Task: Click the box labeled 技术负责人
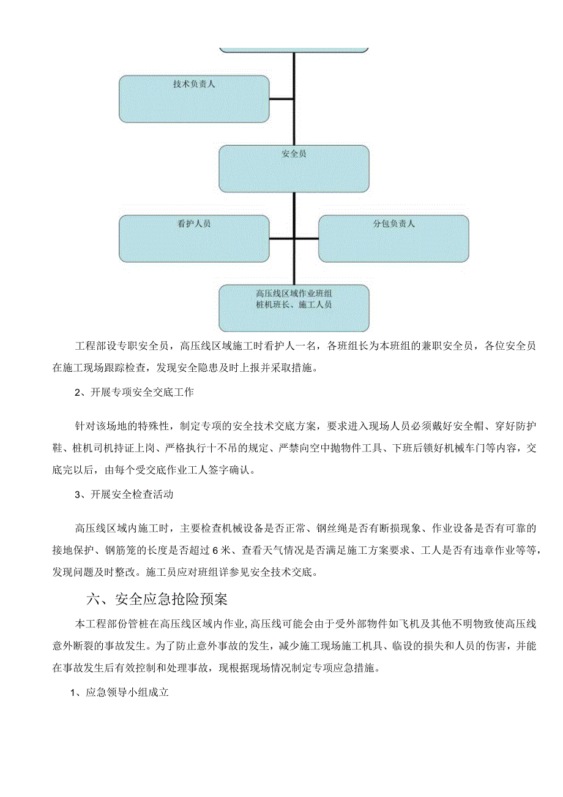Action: (194, 99)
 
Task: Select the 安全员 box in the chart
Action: (294, 168)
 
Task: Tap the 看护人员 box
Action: (194, 238)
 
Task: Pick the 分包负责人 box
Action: (393, 238)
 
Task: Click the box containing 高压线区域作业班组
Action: (294, 308)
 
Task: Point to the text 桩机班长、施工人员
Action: (294, 304)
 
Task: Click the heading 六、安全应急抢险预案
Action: (157, 597)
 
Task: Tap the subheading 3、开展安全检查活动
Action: (124, 494)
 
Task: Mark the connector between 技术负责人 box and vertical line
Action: (281, 99)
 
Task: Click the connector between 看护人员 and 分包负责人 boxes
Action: (294, 238)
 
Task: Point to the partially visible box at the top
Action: (294, 48)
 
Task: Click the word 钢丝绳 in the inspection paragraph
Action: (332, 528)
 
